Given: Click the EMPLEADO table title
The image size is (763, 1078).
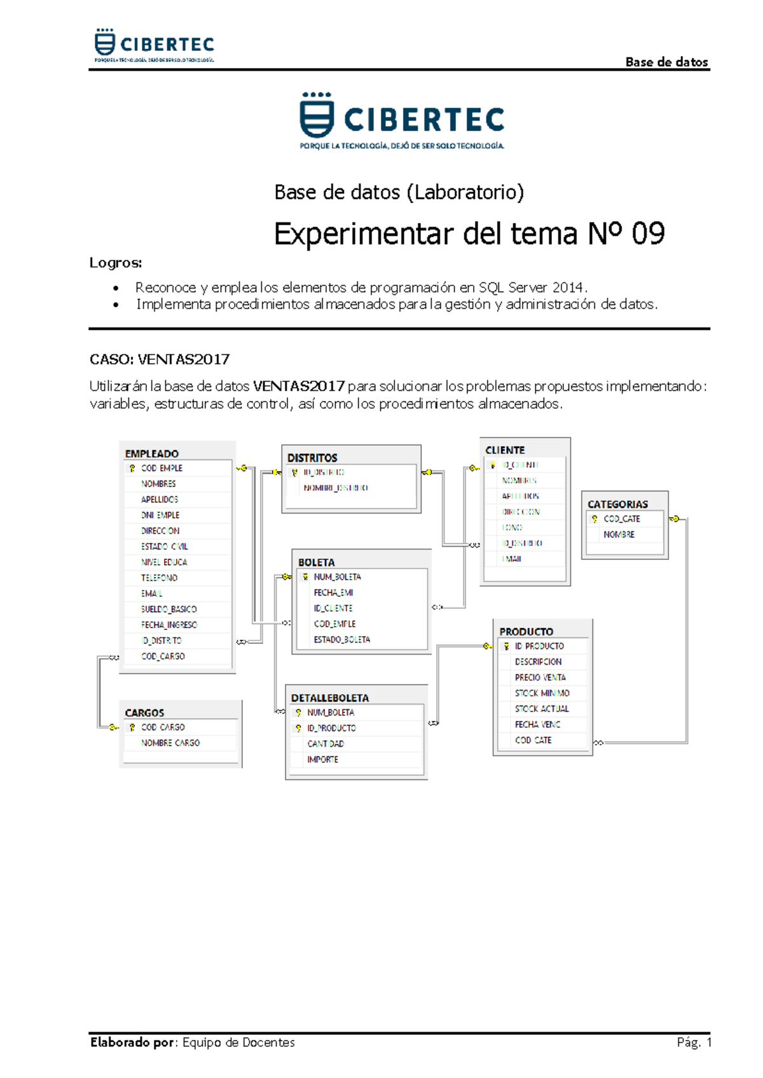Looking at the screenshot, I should [151, 454].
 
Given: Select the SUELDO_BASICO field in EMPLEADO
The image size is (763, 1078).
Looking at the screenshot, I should [168, 609].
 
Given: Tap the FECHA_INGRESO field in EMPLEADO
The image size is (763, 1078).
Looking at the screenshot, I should [168, 625].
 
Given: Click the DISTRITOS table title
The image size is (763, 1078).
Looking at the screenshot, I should [312, 458].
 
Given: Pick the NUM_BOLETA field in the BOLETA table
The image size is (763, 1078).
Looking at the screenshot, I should [337, 577].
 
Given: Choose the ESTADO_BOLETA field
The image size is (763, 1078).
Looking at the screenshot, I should [341, 639].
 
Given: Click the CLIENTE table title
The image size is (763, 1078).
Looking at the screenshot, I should [505, 450].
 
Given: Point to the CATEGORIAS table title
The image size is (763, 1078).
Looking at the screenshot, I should [617, 504].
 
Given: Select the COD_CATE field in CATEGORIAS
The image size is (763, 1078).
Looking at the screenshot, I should [622, 519].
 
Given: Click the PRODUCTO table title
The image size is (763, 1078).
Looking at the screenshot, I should [526, 632].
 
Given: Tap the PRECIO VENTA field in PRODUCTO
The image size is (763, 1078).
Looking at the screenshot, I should [540, 678].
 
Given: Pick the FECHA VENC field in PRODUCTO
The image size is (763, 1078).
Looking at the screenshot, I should [537, 725].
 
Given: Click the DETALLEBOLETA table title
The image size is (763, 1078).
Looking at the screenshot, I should [329, 698].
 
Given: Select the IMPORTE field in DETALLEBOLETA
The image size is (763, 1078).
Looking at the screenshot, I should [322, 760].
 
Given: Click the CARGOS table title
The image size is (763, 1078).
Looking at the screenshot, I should [144, 713].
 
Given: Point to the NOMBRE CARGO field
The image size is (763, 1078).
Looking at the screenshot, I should [170, 743].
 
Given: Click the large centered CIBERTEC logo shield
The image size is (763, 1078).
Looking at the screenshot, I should [316, 116].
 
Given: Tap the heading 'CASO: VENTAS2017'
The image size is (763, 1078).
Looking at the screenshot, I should [160, 360].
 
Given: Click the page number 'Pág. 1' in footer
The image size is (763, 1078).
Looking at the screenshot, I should [694, 1042].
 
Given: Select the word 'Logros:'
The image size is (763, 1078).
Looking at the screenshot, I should [116, 263].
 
